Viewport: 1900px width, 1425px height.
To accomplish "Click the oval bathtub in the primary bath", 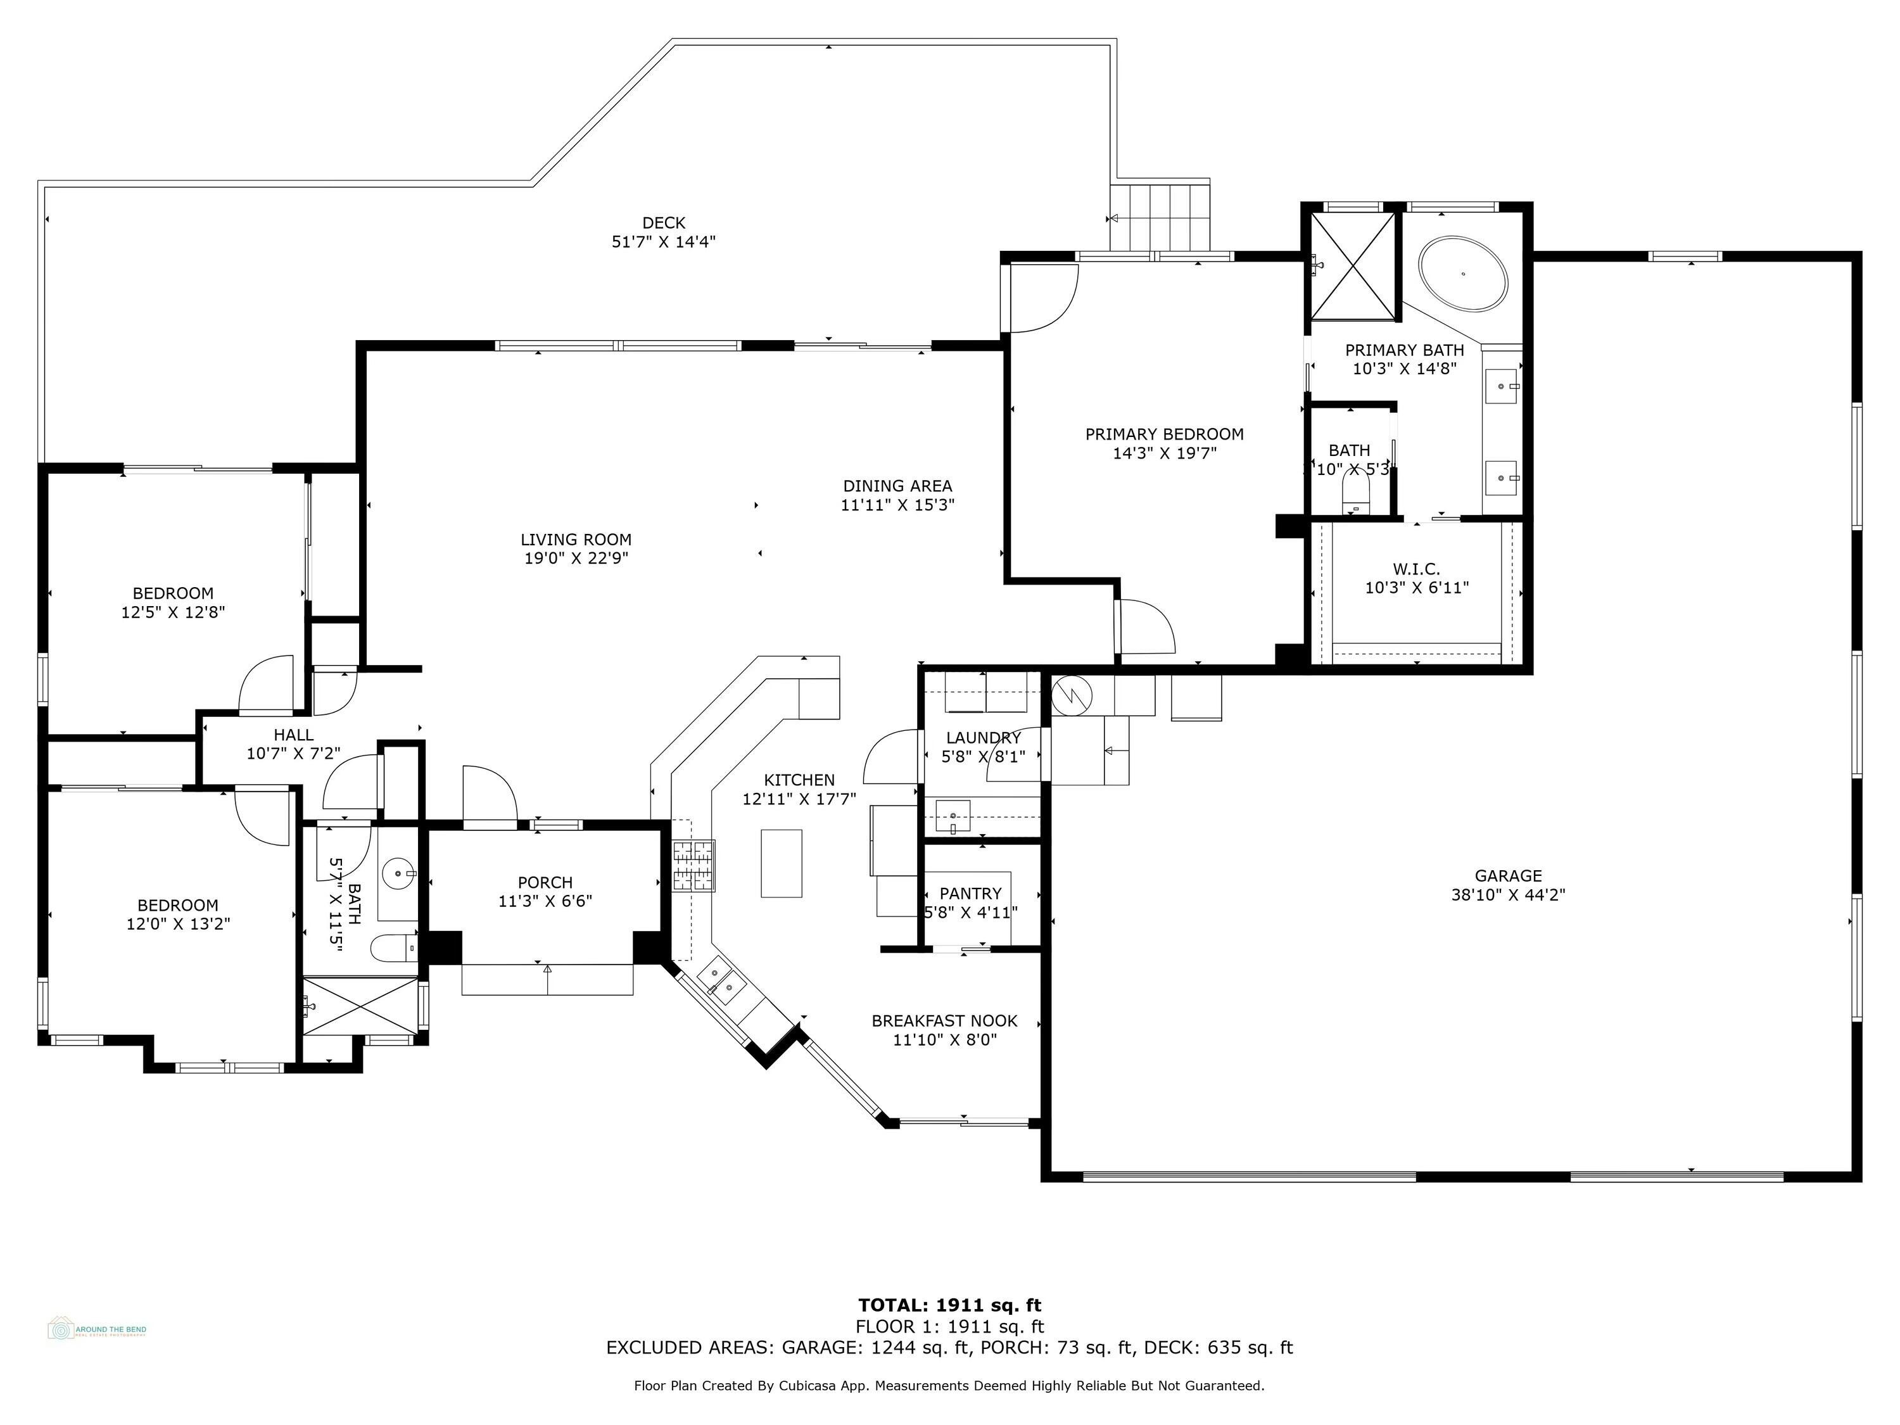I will click(x=1463, y=273).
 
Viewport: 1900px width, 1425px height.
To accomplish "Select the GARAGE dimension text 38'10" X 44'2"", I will click(x=1509, y=894).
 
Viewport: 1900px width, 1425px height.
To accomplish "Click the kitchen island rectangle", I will click(x=781, y=863).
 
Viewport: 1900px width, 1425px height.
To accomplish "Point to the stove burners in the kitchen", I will click(x=693, y=866).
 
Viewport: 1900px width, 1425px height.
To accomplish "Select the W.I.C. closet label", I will click(x=1416, y=569).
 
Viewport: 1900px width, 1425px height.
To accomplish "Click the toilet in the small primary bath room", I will click(x=1355, y=497).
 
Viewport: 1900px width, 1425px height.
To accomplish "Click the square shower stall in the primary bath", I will click(x=1353, y=265).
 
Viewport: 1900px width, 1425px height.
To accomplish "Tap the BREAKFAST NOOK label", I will click(x=944, y=1020).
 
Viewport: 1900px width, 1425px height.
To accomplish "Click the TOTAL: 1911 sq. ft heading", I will click(x=949, y=1305).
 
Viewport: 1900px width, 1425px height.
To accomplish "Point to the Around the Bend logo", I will click(x=96, y=1329).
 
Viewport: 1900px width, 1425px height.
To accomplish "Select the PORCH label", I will click(x=545, y=882).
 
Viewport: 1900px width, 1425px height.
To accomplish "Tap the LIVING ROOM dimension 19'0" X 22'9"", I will click(x=576, y=559).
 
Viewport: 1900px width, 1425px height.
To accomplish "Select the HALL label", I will click(x=293, y=735).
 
